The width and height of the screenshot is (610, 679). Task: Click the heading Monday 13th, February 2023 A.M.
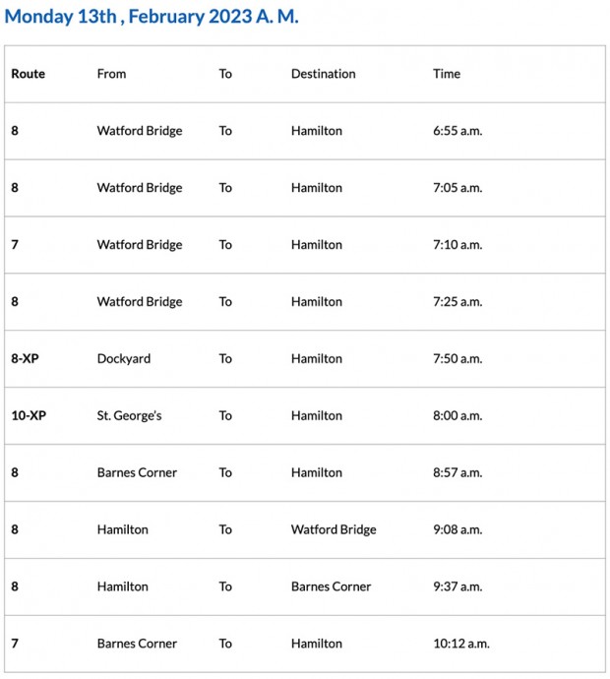(152, 17)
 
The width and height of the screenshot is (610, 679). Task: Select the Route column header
(28, 74)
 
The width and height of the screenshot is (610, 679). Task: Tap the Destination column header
(323, 74)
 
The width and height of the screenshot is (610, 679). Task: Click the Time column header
(447, 74)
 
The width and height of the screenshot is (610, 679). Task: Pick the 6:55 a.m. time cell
(457, 131)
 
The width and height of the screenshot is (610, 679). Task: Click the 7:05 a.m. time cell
(457, 188)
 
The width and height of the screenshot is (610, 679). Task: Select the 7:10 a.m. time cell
(457, 245)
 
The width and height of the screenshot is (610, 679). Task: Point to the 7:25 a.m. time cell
(457, 302)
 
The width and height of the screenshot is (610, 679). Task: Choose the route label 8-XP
(25, 359)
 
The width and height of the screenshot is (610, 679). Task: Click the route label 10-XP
(29, 416)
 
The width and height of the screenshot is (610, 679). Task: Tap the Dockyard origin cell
(124, 359)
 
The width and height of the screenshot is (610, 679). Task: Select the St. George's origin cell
(129, 416)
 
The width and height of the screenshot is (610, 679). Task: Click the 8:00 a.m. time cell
(457, 416)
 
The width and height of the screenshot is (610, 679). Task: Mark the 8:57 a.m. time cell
(457, 473)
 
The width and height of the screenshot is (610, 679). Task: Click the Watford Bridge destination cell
(334, 529)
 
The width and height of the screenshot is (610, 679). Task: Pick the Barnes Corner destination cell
(331, 586)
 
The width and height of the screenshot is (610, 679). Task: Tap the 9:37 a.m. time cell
(457, 586)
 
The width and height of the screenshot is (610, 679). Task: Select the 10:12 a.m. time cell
(461, 644)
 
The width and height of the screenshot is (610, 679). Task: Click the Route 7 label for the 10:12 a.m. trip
(15, 644)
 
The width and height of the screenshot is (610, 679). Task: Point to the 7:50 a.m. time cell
(457, 359)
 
